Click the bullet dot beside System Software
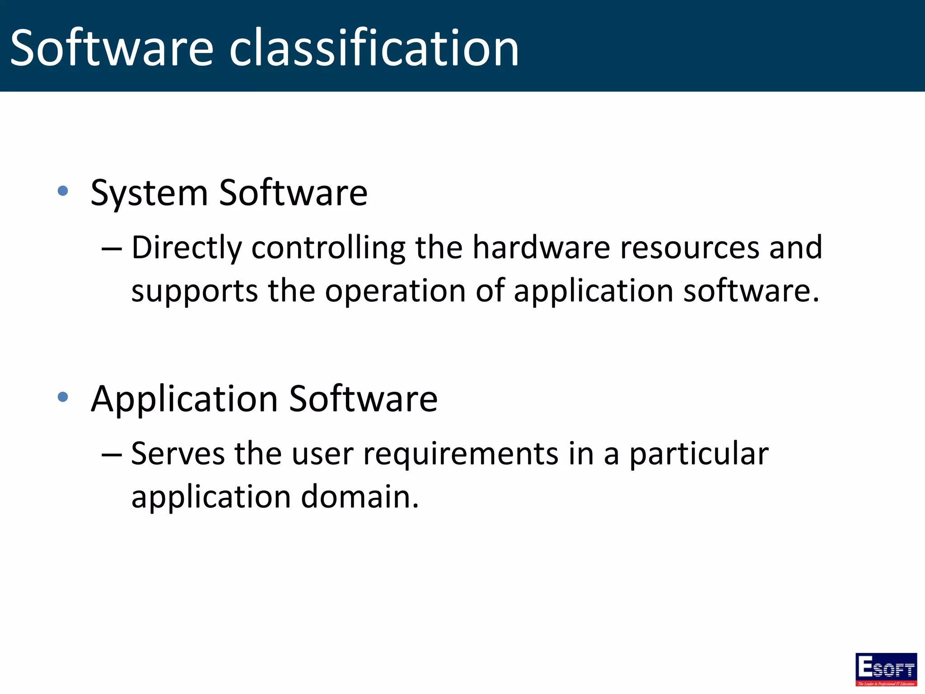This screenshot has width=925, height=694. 63,191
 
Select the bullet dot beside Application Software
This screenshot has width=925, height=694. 63,397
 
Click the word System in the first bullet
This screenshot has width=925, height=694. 149,193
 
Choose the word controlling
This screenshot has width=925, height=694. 328,249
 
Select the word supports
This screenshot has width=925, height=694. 195,292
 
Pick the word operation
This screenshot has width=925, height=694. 395,292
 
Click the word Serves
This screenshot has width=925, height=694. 178,454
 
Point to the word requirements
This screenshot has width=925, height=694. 461,455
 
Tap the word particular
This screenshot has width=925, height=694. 699,455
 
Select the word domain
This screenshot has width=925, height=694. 360,497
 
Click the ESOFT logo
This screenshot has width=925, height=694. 886,669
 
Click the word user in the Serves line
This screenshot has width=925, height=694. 322,455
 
